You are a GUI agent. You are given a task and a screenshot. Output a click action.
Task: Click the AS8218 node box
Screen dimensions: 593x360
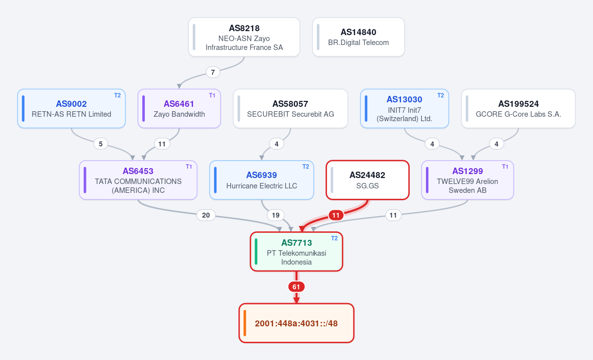pyautogui.click(x=244, y=37)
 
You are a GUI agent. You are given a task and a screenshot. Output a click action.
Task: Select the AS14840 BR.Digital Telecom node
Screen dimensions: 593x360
pyautogui.click(x=358, y=37)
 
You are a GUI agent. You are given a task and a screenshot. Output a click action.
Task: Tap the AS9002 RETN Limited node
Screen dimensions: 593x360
pyautogui.click(x=72, y=109)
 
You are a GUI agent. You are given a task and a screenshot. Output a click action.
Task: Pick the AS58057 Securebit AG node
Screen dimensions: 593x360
pyautogui.click(x=291, y=109)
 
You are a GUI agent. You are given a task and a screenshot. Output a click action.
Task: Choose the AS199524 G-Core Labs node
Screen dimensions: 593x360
pyautogui.click(x=518, y=109)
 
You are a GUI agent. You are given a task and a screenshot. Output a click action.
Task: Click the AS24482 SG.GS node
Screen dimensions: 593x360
pyautogui.click(x=368, y=180)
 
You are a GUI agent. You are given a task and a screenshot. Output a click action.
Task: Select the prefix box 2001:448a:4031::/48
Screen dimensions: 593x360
pyautogui.click(x=296, y=323)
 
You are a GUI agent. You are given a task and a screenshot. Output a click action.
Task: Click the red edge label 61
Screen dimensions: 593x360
pyautogui.click(x=296, y=287)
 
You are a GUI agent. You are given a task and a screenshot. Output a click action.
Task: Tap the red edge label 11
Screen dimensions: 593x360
pyautogui.click(x=336, y=216)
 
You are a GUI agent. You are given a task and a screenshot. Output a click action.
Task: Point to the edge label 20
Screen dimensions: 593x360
pyautogui.click(x=206, y=216)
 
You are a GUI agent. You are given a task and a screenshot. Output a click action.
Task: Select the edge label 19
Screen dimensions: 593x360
pyautogui.click(x=276, y=216)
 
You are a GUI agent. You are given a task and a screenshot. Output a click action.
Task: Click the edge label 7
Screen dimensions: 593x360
pyautogui.click(x=213, y=72)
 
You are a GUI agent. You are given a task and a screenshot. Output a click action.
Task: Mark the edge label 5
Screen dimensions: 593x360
pyautogui.click(x=101, y=144)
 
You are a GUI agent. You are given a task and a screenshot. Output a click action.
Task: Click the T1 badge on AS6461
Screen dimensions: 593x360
pyautogui.click(x=212, y=95)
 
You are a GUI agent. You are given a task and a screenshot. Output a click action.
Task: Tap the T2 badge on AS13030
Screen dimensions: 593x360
pyautogui.click(x=440, y=95)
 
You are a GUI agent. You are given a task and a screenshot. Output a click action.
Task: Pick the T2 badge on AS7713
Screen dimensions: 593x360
pyautogui.click(x=335, y=238)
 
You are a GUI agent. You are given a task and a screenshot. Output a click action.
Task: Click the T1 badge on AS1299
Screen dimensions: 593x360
pyautogui.click(x=505, y=167)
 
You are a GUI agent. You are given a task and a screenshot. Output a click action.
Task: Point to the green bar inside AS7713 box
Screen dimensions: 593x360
pyautogui.click(x=256, y=252)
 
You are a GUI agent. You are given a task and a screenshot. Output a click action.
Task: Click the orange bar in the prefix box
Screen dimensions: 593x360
pyautogui.click(x=245, y=323)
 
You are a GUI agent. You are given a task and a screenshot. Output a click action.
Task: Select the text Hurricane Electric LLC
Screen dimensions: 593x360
pyautogui.click(x=261, y=186)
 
